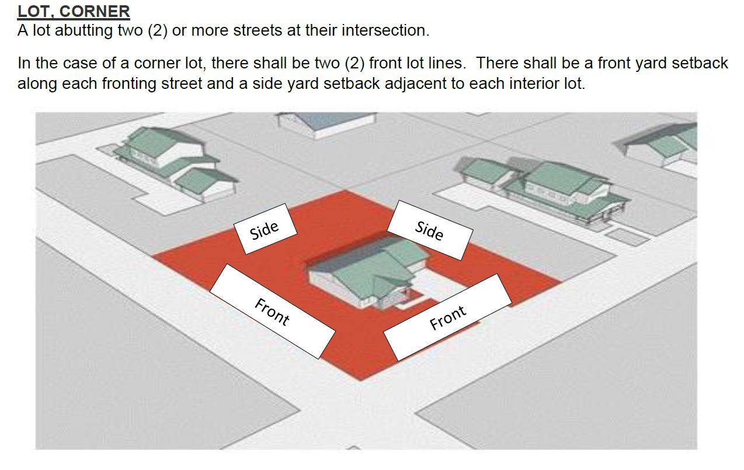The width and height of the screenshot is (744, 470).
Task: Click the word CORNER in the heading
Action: (x=95, y=11)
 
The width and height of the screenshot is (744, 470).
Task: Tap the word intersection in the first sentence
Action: (x=383, y=30)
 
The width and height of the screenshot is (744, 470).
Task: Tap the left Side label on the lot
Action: (x=265, y=229)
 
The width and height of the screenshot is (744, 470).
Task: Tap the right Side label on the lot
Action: (x=430, y=230)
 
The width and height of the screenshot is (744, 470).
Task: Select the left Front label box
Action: (x=272, y=312)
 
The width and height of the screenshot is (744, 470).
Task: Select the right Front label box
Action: (x=448, y=317)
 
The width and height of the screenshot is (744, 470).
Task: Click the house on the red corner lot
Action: (x=368, y=271)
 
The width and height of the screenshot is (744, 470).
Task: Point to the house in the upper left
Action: (x=175, y=164)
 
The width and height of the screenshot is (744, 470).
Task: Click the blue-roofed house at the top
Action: (x=326, y=124)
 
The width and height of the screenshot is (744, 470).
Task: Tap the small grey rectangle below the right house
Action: (x=627, y=237)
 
